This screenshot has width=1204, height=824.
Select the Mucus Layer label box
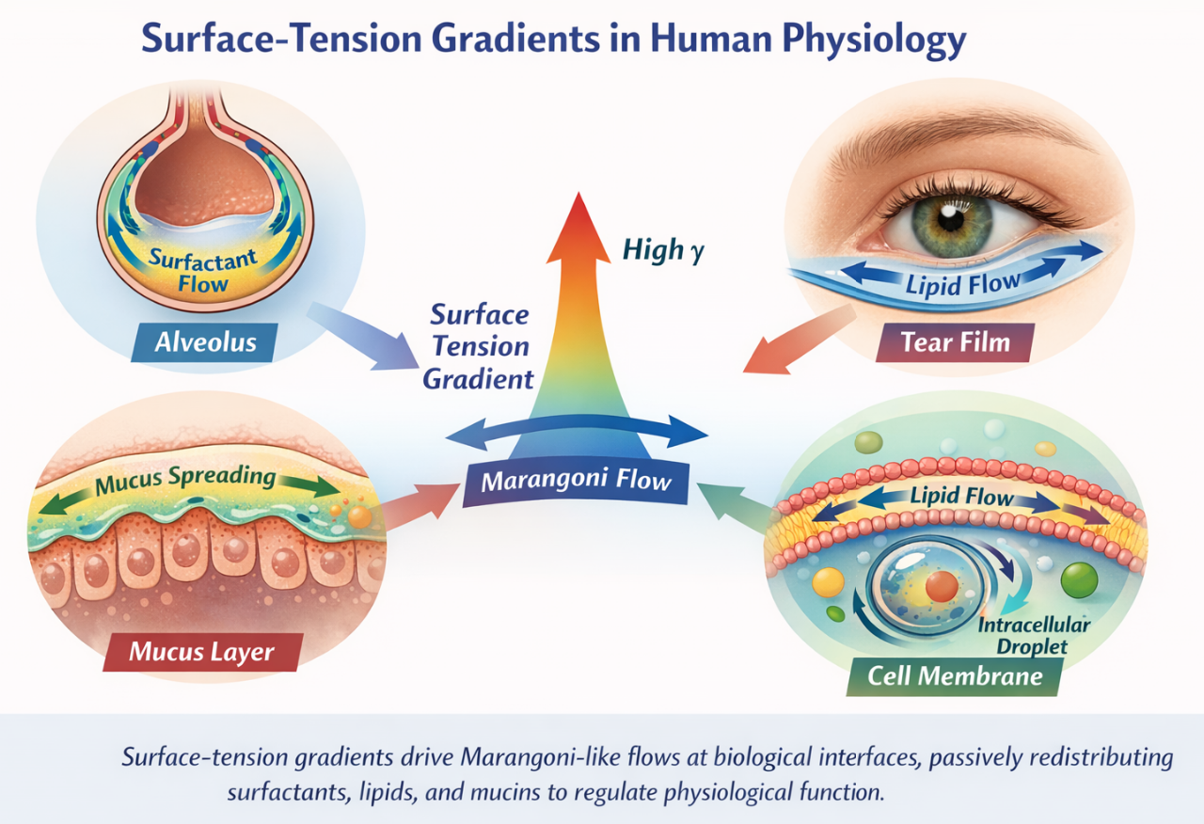(203, 650)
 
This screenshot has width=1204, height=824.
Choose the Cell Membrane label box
(955, 675)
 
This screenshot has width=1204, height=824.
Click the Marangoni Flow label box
(576, 482)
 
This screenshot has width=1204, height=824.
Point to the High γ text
(662, 251)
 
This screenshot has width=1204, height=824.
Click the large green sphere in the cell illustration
(1079, 580)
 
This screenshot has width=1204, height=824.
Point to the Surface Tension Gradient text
(480, 346)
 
